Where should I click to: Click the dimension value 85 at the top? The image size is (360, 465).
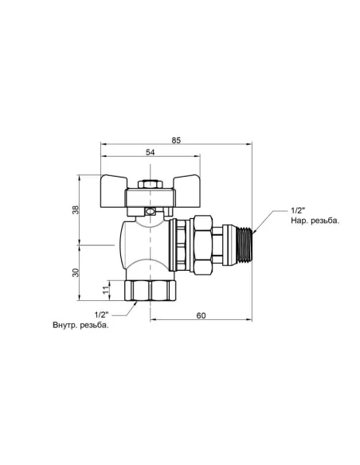(x=176, y=140)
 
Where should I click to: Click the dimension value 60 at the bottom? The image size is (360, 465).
(x=201, y=316)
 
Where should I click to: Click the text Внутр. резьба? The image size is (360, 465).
(x=80, y=325)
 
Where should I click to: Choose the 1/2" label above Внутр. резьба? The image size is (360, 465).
(x=103, y=314)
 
